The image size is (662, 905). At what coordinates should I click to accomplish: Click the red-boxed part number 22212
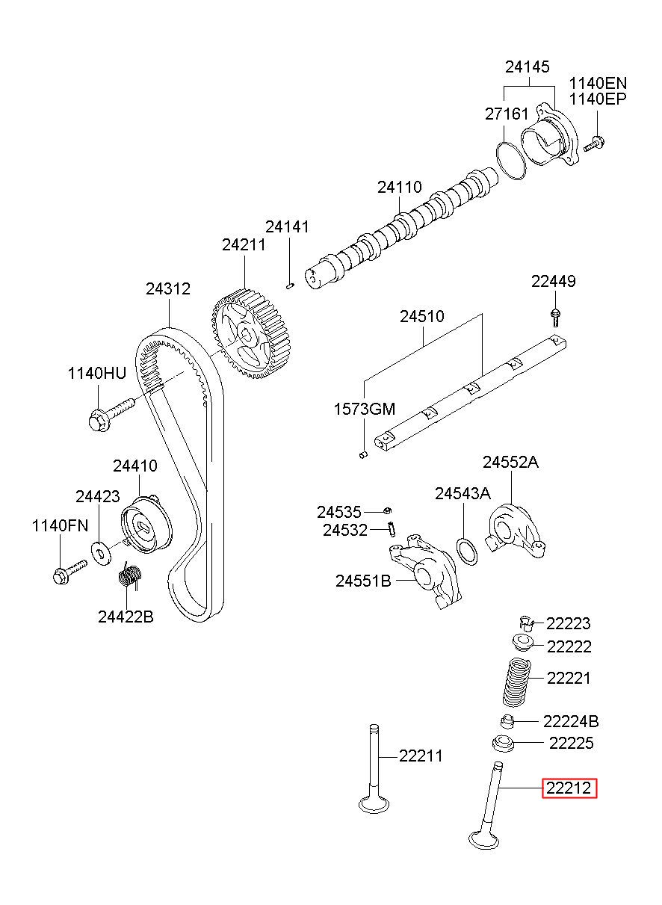pyautogui.click(x=569, y=788)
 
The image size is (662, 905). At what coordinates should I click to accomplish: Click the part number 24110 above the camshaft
pyautogui.click(x=399, y=188)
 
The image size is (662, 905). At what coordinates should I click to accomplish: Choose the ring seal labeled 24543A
pyautogui.click(x=466, y=552)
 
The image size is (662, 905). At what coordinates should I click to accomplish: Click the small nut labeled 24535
pyautogui.click(x=388, y=510)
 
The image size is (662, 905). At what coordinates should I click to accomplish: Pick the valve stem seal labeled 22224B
pyautogui.click(x=509, y=721)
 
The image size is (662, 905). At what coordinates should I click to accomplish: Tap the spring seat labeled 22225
pyautogui.click(x=504, y=744)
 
